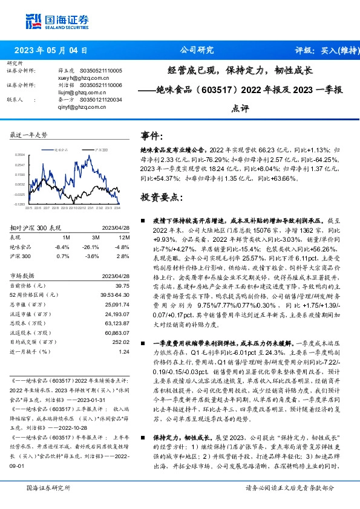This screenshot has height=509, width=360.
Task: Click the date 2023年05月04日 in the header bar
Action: [x=55, y=51]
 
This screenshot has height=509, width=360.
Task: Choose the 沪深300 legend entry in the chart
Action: [x=101, y=148]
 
